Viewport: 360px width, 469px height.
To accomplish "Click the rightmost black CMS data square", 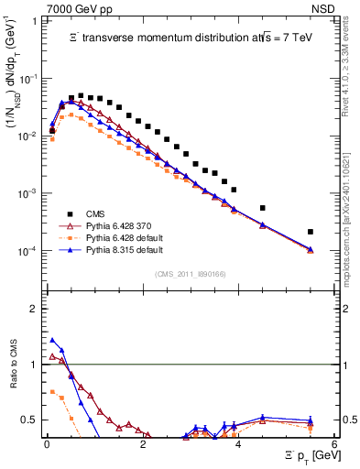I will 311,232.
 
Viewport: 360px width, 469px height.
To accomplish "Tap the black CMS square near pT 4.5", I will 263,208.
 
